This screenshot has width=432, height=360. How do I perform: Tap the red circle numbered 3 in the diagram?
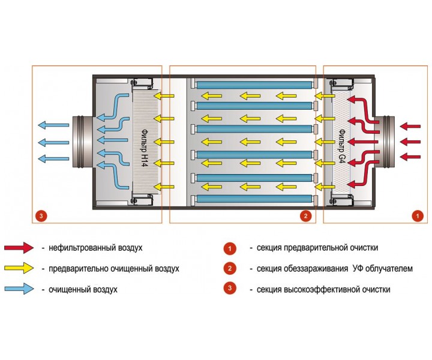tap(40, 215)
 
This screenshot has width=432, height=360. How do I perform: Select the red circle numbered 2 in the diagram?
tap(306, 215)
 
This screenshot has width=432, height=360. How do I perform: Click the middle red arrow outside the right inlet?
tap(410, 142)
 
